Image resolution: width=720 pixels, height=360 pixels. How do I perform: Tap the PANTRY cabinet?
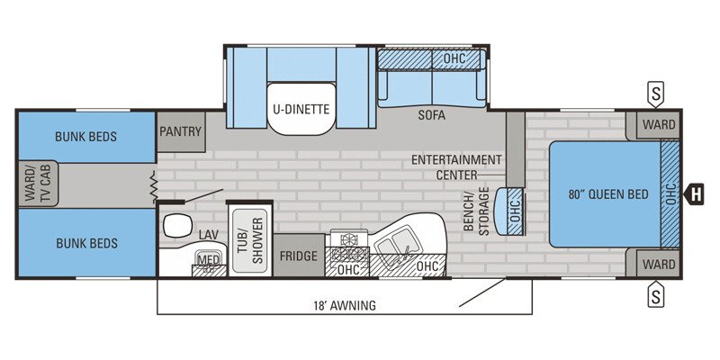[181, 131]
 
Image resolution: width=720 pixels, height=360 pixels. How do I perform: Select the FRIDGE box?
[298, 256]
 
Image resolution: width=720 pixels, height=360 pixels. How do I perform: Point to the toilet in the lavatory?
[175, 224]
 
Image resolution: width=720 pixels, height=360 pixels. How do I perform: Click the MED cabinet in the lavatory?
[208, 260]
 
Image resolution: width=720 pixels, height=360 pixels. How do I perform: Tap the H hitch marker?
[694, 193]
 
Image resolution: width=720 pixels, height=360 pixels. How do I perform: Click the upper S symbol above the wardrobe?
[656, 93]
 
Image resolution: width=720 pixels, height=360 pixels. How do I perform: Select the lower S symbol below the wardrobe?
[656, 293]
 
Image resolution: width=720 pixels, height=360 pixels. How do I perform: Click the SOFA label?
[432, 115]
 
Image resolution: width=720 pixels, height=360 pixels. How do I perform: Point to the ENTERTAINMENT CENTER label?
[456, 166]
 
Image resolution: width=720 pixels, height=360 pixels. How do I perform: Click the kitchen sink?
[396, 245]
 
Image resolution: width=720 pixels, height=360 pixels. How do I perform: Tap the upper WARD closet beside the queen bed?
[659, 124]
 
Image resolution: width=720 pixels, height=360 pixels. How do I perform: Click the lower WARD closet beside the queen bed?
[659, 265]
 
